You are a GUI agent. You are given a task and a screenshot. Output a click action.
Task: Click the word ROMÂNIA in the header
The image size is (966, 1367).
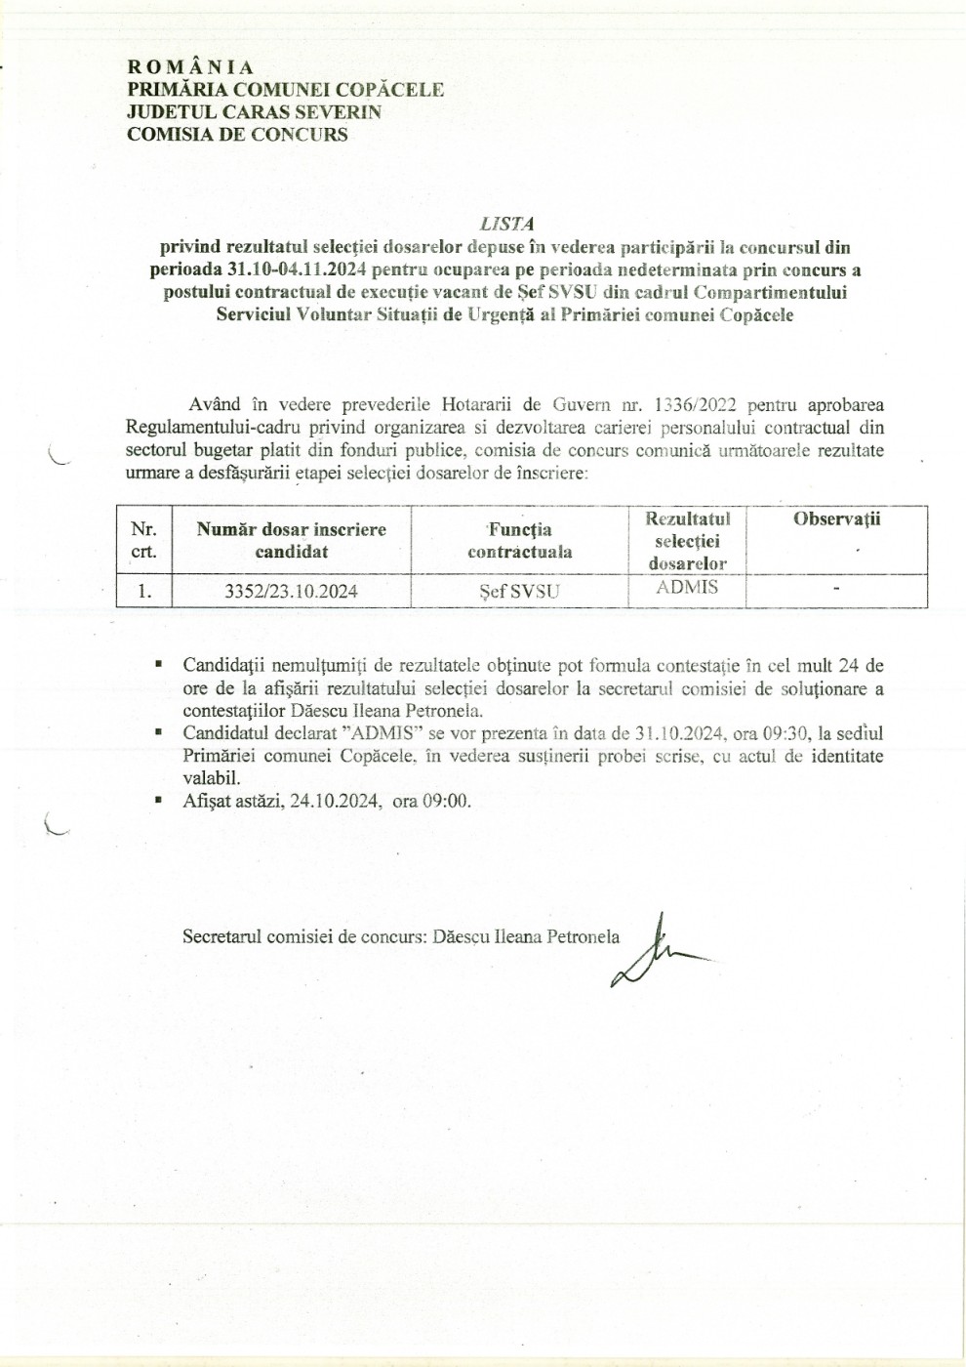pyautogui.click(x=190, y=67)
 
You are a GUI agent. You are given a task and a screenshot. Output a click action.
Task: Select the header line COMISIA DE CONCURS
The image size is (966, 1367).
pyautogui.click(x=237, y=135)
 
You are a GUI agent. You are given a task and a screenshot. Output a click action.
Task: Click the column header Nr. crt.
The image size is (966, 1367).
pyautogui.click(x=143, y=540)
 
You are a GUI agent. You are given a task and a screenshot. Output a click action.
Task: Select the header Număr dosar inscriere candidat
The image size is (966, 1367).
pyautogui.click(x=292, y=540)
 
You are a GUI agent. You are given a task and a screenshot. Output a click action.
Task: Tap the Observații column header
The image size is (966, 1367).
pyautogui.click(x=836, y=519)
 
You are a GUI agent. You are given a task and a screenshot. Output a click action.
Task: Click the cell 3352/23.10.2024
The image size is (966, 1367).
pyautogui.click(x=292, y=591)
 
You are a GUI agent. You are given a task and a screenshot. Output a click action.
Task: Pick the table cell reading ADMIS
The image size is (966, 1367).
pyautogui.click(x=687, y=587)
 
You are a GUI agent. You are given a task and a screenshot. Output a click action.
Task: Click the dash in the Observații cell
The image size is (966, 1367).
pyautogui.click(x=836, y=590)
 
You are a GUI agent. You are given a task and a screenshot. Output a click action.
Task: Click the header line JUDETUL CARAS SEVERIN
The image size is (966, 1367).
pyautogui.click(x=254, y=112)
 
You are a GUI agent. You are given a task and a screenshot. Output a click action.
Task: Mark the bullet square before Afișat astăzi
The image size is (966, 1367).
pyautogui.click(x=157, y=800)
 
